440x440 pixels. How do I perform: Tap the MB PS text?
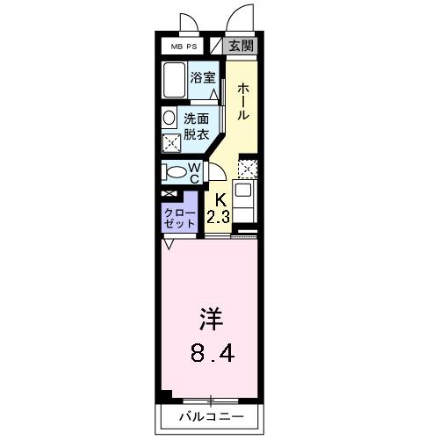pyautogui.click(x=183, y=47)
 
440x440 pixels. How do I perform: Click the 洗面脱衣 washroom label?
pyautogui.click(x=196, y=127)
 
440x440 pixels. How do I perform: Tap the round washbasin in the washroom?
pyautogui.click(x=169, y=117)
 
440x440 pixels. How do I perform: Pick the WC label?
pyautogui.click(x=196, y=173)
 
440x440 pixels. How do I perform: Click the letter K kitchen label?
pyautogui.click(x=220, y=199)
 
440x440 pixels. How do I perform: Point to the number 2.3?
pyautogui.click(x=219, y=216)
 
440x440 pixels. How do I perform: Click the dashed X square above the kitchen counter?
pyautogui.click(x=248, y=168)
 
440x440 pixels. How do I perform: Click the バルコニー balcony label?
pyautogui.click(x=210, y=415)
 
